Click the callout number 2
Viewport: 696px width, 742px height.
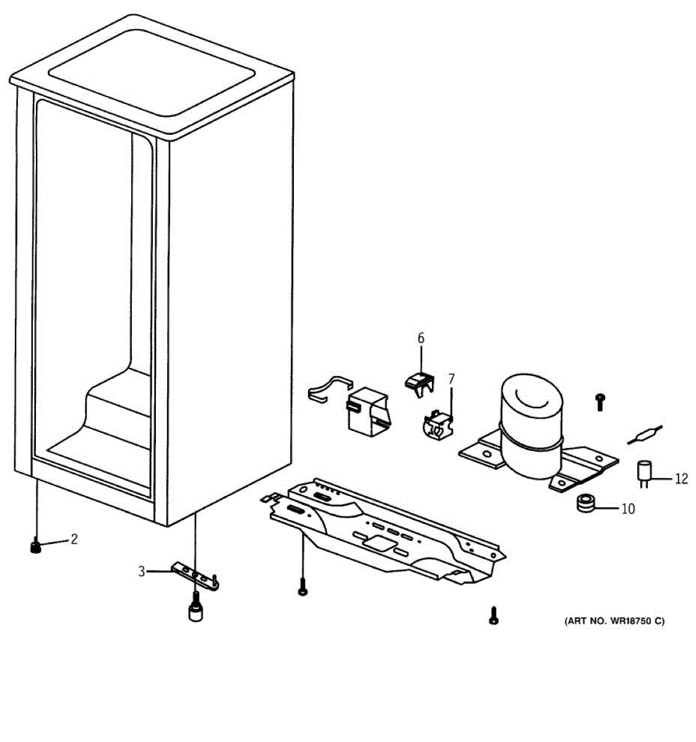[x=74, y=539]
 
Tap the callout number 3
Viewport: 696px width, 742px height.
[x=142, y=571]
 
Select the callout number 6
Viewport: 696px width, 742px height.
[x=421, y=338]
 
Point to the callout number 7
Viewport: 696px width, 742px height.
[x=452, y=378]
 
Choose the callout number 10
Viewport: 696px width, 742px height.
[x=628, y=509]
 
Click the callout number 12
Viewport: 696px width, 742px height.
[x=681, y=479]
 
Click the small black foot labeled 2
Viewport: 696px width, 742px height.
[x=36, y=547]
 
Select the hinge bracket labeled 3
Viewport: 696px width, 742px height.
[x=195, y=575]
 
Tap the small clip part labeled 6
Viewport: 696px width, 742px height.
[x=419, y=382]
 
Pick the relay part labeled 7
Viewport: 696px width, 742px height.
[x=438, y=425]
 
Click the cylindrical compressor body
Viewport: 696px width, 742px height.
[x=531, y=427]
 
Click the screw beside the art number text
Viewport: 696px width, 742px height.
[x=493, y=615]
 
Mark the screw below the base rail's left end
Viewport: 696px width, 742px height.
[x=303, y=587]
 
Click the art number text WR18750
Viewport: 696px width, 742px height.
[x=614, y=621]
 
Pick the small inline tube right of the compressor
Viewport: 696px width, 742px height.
[x=644, y=433]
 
